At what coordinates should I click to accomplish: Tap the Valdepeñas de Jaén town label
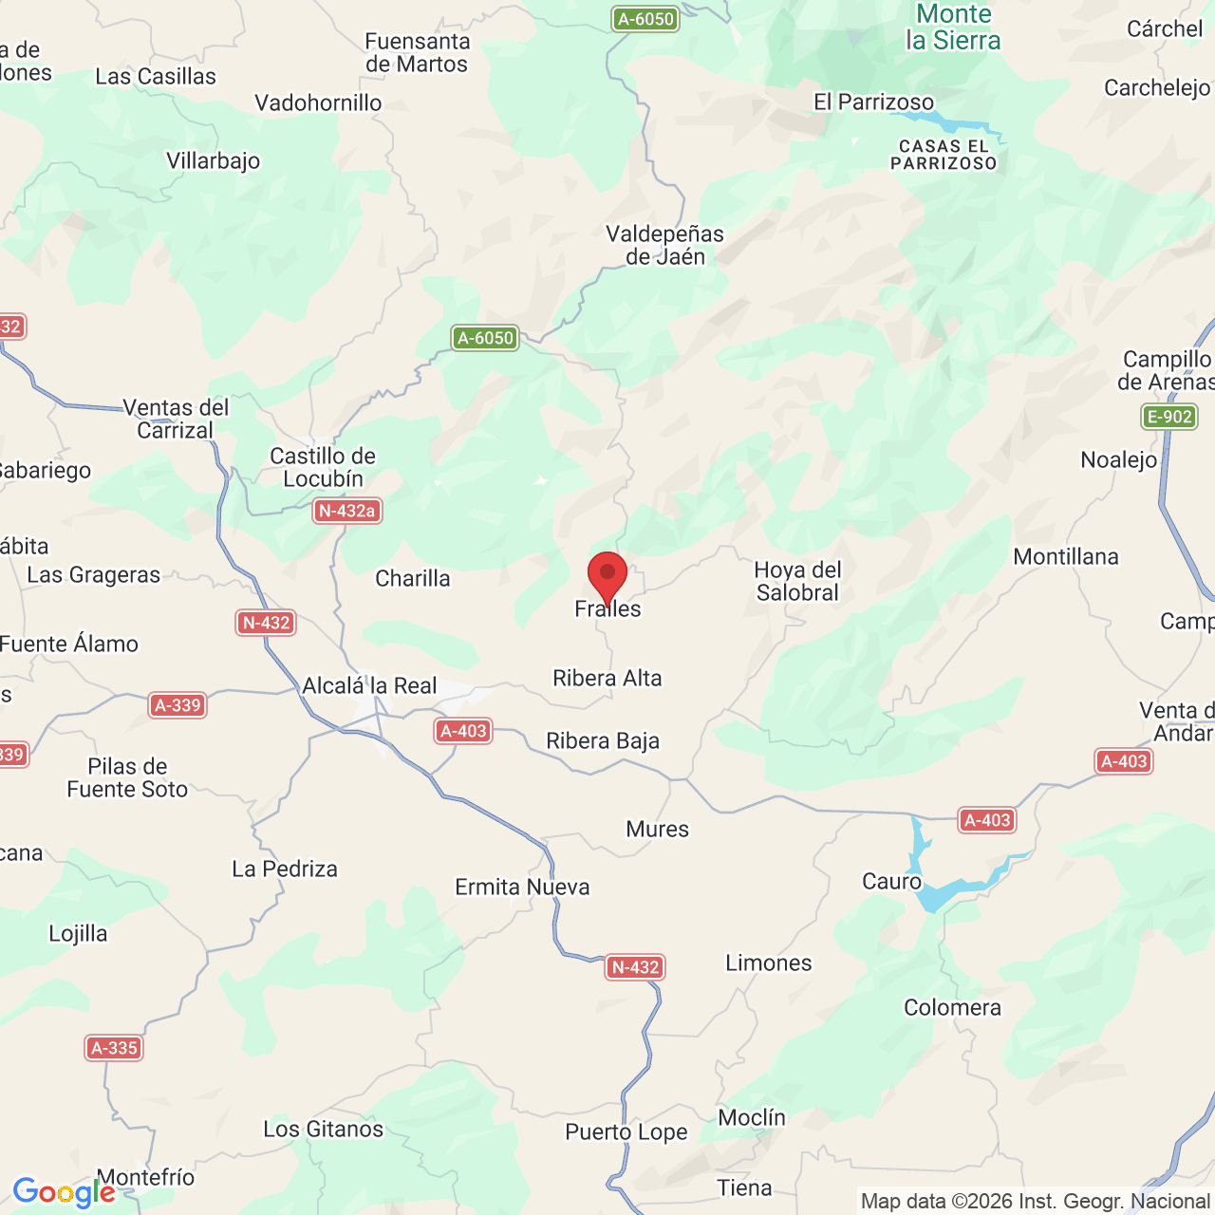[x=664, y=245]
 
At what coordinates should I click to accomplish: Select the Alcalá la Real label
[x=369, y=685]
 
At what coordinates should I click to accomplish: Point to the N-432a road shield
[x=347, y=511]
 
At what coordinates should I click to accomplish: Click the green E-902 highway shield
[x=1168, y=417]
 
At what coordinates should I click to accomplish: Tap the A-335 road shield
[x=114, y=1048]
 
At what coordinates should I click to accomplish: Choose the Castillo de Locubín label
[x=323, y=467]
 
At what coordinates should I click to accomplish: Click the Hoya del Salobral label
[x=797, y=581]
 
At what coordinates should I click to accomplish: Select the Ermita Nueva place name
[x=522, y=887]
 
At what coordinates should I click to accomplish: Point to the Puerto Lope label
[x=626, y=1131]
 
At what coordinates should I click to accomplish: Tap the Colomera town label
[x=952, y=1007]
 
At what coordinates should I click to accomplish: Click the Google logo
[x=64, y=1192]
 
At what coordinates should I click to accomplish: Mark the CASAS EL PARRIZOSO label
[x=944, y=155]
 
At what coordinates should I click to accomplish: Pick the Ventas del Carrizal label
[x=176, y=419]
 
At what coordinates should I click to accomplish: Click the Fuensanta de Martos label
[x=418, y=53]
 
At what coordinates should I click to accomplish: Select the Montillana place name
[x=1066, y=556]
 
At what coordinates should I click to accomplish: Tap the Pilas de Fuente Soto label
[x=127, y=777]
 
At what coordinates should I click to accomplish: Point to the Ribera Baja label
[x=603, y=740]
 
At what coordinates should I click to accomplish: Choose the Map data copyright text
[x=1035, y=1202]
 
